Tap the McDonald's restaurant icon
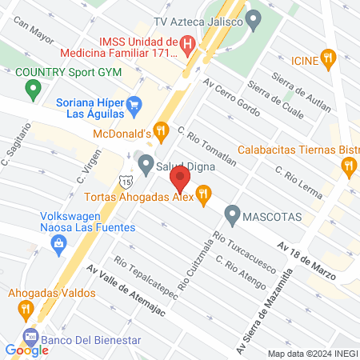pos(161,130)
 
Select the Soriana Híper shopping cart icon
pos(134,103)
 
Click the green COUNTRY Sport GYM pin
pos(33,89)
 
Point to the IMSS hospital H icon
pos(186,45)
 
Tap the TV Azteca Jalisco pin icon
pos(254,18)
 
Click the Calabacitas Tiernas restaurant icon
pos(348,166)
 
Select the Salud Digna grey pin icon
pos(145,166)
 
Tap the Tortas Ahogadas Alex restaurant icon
pos(204,193)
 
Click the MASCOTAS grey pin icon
pos(232,214)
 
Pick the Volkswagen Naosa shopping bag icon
pos(58,248)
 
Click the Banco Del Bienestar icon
pos(30,336)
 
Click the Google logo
pos(26,350)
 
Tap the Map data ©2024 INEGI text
pos(311,354)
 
